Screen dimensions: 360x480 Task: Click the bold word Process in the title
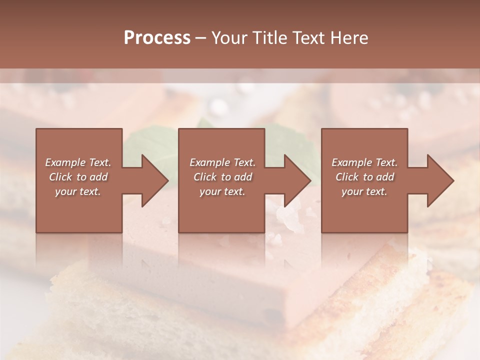[x=157, y=38]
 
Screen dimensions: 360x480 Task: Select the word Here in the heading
[x=349, y=38]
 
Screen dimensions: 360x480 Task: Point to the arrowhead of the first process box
[x=155, y=180]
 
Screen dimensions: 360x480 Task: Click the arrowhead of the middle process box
[x=298, y=180]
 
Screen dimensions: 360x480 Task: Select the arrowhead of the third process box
[x=441, y=180]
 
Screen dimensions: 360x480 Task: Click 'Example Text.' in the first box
[x=78, y=162]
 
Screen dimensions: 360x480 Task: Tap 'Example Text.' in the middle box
[x=222, y=162]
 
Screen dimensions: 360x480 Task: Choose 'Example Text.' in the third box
[x=364, y=162]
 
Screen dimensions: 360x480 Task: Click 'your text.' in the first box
[x=78, y=191]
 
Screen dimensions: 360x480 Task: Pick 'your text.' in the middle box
[x=222, y=191]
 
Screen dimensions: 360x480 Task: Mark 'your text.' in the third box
[x=364, y=191]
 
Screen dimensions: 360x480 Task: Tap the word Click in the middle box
[x=205, y=177]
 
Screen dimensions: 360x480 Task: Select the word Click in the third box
[x=347, y=177]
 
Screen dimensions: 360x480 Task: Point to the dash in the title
[x=201, y=38]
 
